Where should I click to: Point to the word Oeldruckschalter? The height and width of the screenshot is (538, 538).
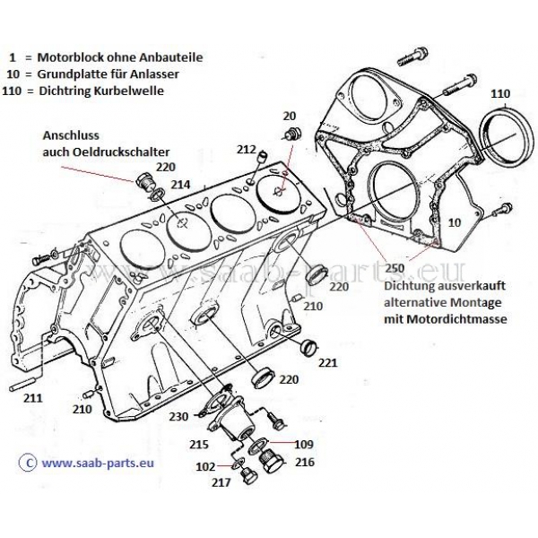point(117,151)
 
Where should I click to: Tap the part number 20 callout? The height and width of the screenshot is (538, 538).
point(289,116)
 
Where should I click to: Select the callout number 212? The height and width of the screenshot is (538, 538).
point(247,148)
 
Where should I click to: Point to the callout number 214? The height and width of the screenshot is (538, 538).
point(181,184)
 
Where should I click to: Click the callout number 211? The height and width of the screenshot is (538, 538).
point(32,396)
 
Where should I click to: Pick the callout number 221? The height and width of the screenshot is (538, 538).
point(328,364)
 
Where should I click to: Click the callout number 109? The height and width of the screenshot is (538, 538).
point(304,443)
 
